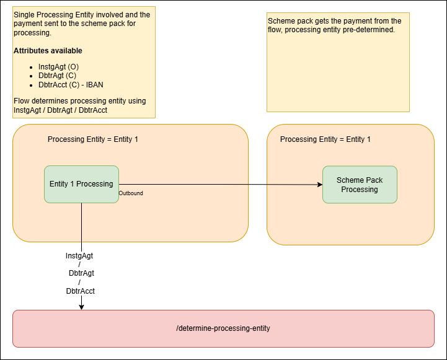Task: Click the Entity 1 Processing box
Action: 81,184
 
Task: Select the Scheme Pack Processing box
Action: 360,185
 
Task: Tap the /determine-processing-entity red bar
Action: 223,328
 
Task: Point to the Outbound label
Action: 131,193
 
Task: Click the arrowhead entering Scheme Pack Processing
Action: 319,185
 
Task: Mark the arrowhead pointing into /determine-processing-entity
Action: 81,306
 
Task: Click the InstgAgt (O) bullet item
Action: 58,66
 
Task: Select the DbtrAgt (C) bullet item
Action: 57,76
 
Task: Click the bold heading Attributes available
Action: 48,51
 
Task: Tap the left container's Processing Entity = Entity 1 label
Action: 93,139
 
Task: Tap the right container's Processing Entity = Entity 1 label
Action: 325,139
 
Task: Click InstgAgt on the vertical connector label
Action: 79,255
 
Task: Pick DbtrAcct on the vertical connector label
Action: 81,291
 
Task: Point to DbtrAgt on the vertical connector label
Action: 81,273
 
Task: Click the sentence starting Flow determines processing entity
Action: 79,101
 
